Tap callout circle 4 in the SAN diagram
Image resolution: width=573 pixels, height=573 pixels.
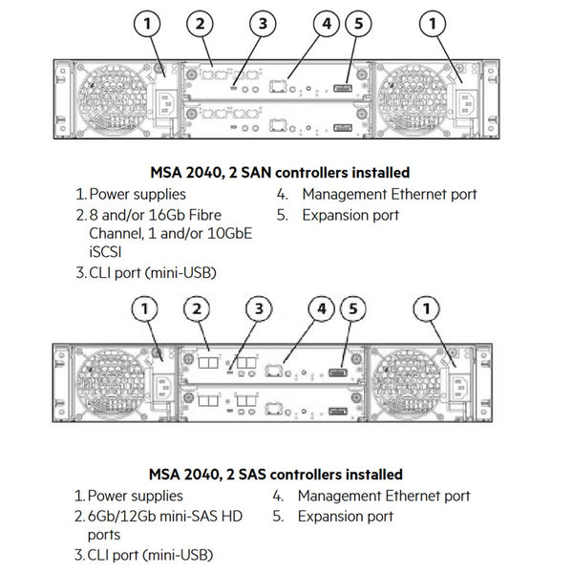(326, 23)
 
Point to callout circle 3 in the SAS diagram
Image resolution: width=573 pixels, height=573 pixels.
(257, 308)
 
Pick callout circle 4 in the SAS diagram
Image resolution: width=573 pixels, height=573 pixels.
(322, 308)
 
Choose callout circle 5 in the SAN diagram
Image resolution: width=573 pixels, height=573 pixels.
(356, 23)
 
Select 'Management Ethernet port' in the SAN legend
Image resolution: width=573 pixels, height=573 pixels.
(389, 195)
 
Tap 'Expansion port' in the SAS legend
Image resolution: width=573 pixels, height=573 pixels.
(345, 517)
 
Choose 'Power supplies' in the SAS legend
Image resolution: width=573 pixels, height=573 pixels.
(133, 496)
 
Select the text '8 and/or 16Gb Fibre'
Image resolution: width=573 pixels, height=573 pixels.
(159, 215)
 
